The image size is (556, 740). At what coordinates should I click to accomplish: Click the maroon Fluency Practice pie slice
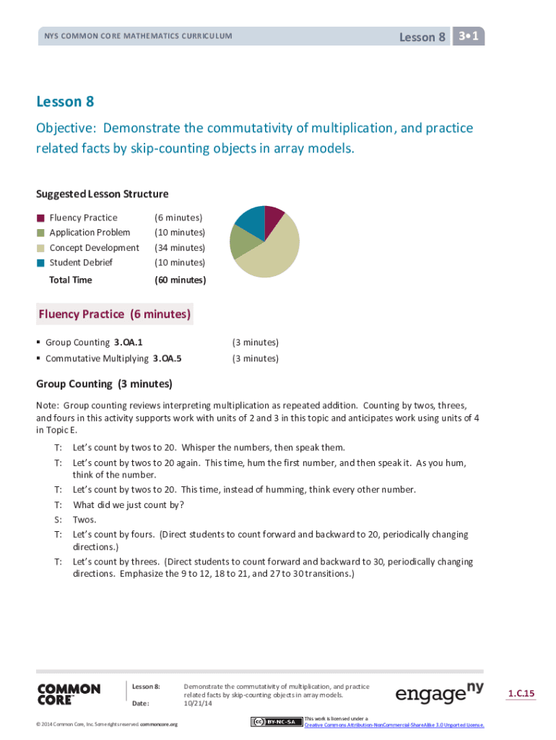click(x=274, y=220)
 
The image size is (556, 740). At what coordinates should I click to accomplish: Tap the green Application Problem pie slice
click(x=242, y=242)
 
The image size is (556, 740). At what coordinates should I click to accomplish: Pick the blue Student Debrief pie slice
click(x=251, y=220)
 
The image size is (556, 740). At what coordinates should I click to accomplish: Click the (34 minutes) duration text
click(x=180, y=248)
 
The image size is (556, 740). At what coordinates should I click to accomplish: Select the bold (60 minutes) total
click(x=180, y=280)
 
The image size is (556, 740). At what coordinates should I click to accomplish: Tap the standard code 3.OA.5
click(x=167, y=358)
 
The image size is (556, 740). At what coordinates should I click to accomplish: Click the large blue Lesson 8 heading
click(x=65, y=102)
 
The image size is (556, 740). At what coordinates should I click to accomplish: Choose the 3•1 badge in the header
click(x=469, y=36)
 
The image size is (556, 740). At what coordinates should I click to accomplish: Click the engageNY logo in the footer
click(x=439, y=694)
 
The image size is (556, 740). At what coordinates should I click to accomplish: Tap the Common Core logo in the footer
click(x=69, y=694)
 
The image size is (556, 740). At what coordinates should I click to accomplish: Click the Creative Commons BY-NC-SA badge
click(x=276, y=721)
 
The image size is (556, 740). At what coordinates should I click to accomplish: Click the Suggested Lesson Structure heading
click(x=103, y=194)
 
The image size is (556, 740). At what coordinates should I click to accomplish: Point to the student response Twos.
click(x=84, y=520)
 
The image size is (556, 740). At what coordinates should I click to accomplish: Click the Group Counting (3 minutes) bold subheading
click(x=104, y=384)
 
